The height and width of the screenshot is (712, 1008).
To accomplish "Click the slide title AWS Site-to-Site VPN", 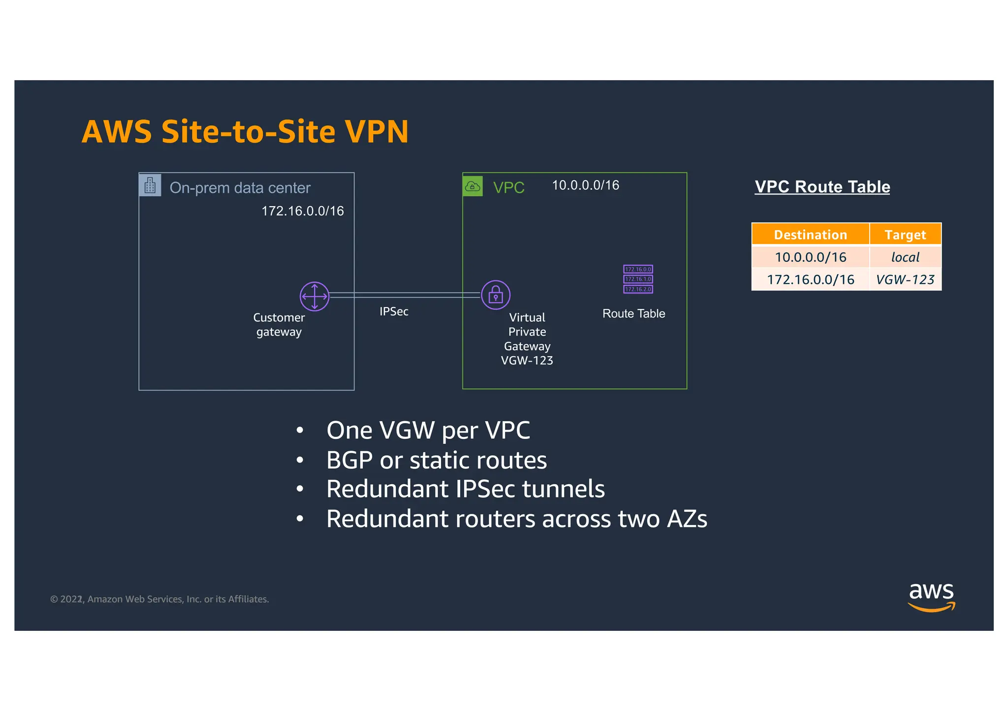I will tap(245, 132).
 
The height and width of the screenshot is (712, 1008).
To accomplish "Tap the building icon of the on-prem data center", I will tap(150, 186).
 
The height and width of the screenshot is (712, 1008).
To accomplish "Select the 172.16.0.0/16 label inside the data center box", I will tap(302, 211).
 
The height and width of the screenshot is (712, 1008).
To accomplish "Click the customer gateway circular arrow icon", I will tap(314, 296).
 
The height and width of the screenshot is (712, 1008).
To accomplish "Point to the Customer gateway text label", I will tap(279, 325).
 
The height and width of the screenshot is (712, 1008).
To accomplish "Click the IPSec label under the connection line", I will tap(394, 311).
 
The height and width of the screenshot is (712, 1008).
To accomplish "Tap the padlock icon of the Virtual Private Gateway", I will tap(495, 295).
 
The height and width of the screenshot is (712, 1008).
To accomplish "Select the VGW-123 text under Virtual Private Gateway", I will tap(527, 361).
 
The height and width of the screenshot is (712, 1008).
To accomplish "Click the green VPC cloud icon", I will tap(472, 186).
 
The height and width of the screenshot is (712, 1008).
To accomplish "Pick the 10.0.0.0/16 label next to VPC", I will tap(585, 186).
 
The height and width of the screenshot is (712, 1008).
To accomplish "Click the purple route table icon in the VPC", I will tap(638, 279).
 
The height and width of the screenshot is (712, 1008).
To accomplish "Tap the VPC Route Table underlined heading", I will tap(822, 187).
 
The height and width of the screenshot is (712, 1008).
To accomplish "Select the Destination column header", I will tap(810, 235).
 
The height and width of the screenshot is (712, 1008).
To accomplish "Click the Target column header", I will tap(905, 235).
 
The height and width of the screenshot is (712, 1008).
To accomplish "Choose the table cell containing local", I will tap(905, 257).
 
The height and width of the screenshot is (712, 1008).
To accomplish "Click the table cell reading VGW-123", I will tap(905, 280).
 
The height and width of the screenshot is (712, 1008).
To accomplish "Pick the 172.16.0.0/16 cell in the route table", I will tap(810, 280).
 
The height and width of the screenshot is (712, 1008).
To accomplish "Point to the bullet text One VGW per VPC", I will tap(428, 431).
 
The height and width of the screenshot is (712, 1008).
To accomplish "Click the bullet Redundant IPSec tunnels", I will tap(465, 489).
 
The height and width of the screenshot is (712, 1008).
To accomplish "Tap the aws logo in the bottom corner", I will tap(931, 597).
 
